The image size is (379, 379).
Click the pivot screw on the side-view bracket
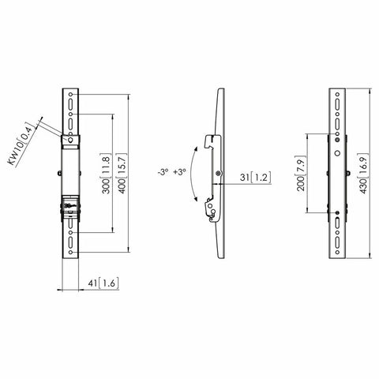[217, 173]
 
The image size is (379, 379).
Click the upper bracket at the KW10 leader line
[72, 142]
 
